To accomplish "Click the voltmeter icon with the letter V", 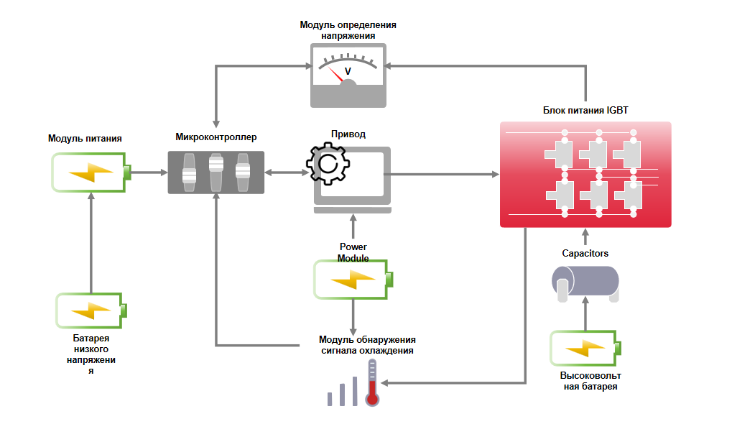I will pyautogui.click(x=348, y=75).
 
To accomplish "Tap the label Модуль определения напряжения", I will pyautogui.click(x=348, y=29).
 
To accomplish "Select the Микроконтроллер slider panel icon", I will pyautogui.click(x=216, y=172).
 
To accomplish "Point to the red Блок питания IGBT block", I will pyautogui.click(x=585, y=175).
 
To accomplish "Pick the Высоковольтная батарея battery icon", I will pyautogui.click(x=584, y=349).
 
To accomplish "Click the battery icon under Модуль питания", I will pyautogui.click(x=91, y=172).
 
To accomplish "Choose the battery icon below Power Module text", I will pyautogui.click(x=353, y=280).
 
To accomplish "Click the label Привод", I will pyautogui.click(x=348, y=134).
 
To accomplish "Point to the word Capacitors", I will pyautogui.click(x=585, y=254).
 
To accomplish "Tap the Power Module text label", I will pyautogui.click(x=353, y=252).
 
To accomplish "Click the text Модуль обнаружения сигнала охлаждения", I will pyautogui.click(x=367, y=345).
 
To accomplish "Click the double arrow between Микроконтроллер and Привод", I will pyautogui.click(x=285, y=172).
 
